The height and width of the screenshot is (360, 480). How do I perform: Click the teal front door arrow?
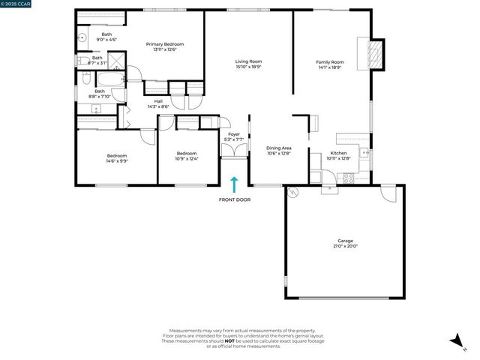pyautogui.click(x=234, y=184)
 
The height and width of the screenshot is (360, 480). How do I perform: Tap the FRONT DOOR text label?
pyautogui.click(x=234, y=200)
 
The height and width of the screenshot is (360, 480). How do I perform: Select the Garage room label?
pyautogui.click(x=345, y=241)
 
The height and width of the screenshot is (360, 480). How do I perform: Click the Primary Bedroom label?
pyautogui.click(x=165, y=44)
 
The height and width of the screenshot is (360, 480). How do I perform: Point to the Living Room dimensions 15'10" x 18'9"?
pyautogui.click(x=247, y=67)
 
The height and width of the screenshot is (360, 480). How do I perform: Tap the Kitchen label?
pyautogui.click(x=339, y=152)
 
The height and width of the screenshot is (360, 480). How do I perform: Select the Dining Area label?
pyautogui.click(x=279, y=148)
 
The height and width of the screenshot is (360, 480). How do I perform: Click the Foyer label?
pyautogui.click(x=235, y=135)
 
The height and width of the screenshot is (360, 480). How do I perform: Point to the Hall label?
pyautogui.click(x=158, y=101)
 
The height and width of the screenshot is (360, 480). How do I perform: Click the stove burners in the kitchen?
pyautogui.click(x=347, y=178)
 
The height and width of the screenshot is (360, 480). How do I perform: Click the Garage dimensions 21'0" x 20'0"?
pyautogui.click(x=345, y=246)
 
